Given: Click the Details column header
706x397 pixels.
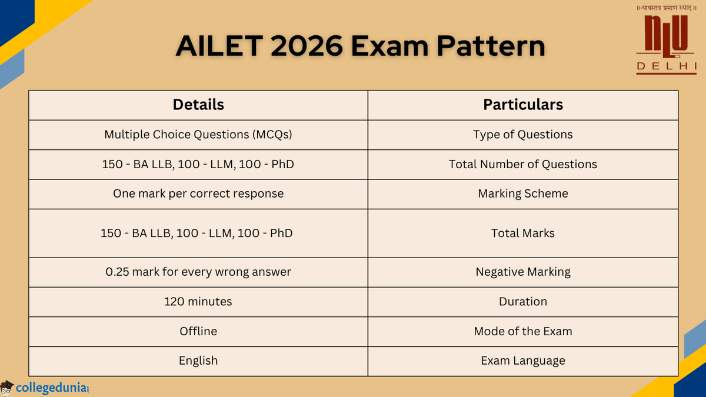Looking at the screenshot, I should [x=198, y=105].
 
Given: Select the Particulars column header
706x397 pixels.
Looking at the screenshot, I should [x=523, y=105].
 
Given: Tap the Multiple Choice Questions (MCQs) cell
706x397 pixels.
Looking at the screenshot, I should [x=198, y=135].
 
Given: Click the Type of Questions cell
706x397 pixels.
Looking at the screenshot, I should [x=523, y=135].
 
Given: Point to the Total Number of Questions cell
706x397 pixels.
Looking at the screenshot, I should [x=523, y=165].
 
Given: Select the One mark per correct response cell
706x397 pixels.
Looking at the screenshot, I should [x=198, y=194].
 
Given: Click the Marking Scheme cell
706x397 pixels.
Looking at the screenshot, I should [x=523, y=194].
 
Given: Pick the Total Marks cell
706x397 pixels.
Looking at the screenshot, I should [x=523, y=233].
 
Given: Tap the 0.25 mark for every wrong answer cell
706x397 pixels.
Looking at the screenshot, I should [x=198, y=272].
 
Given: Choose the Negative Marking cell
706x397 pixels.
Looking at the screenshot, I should [x=523, y=272].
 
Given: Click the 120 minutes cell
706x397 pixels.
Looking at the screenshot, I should [x=198, y=302].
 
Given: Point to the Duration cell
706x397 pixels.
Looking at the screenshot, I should [x=523, y=302].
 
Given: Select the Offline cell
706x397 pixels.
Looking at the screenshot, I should [x=198, y=331].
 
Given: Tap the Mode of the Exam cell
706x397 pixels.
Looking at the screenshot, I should [x=523, y=331].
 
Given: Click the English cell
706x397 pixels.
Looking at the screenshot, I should [x=198, y=361].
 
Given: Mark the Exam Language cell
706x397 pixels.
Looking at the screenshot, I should [x=523, y=361].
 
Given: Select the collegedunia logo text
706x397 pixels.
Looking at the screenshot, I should [x=53, y=388].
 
